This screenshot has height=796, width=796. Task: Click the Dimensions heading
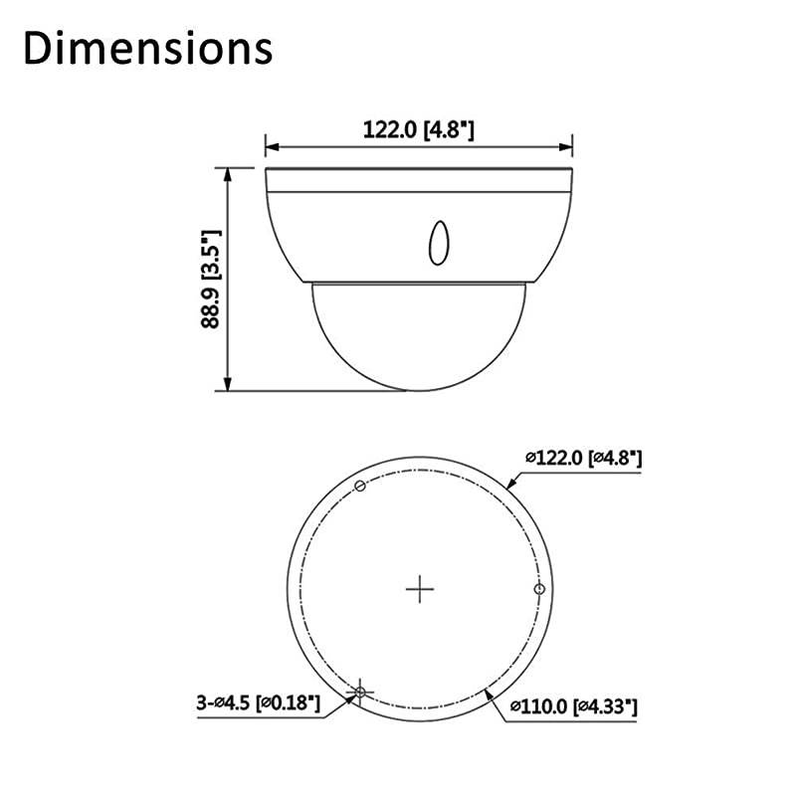147,47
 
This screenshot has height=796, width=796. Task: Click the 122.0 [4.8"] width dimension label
419,129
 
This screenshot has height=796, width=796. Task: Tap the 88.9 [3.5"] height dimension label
209,280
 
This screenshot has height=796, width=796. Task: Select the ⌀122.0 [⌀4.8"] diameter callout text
583,458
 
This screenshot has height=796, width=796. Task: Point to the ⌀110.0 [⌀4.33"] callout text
573,706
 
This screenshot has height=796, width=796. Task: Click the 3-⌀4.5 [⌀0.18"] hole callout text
259,703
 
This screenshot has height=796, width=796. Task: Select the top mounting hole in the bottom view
361,486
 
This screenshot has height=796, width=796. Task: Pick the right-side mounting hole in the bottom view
539,589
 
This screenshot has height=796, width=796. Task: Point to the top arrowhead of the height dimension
229,172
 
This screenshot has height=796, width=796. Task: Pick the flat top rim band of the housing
419,180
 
